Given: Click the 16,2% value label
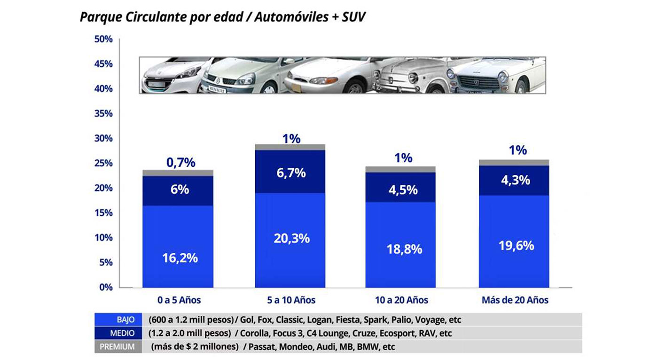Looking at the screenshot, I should pyautogui.click(x=180, y=258).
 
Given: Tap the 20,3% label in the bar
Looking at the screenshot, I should pyautogui.click(x=291, y=238).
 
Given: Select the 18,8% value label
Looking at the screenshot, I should pyautogui.click(x=404, y=249).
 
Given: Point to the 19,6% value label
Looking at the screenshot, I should pyautogui.click(x=516, y=245).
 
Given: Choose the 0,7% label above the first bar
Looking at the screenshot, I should pyautogui.click(x=180, y=163).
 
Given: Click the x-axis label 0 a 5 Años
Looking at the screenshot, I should pyautogui.click(x=179, y=300).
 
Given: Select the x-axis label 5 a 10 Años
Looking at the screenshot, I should pyautogui.click(x=291, y=300).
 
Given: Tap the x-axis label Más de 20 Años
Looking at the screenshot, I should pyautogui.click(x=515, y=300).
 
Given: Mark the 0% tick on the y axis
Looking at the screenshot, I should pyautogui.click(x=105, y=287).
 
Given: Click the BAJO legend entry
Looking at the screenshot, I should pyautogui.click(x=126, y=320).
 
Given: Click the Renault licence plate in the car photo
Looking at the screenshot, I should pyautogui.click(x=217, y=86).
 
